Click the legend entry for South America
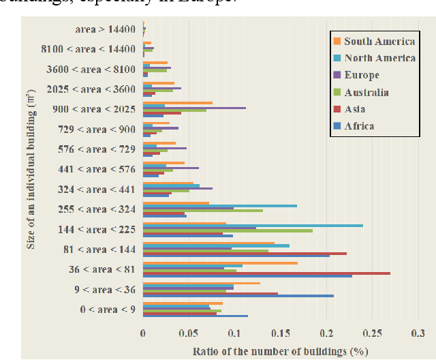(x=379, y=42)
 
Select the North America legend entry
(x=379, y=59)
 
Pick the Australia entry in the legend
(x=367, y=92)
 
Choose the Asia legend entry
(x=356, y=108)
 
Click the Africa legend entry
(x=359, y=125)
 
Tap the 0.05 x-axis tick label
(x=189, y=334)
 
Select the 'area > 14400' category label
(x=106, y=29)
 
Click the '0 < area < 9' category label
(x=108, y=310)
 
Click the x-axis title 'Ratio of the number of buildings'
(x=280, y=351)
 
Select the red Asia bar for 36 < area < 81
(x=266, y=273)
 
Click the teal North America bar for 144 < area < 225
(x=253, y=225)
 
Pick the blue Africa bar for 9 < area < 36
(x=238, y=296)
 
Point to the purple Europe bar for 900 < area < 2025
(x=194, y=108)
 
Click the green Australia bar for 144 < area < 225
(x=228, y=230)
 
